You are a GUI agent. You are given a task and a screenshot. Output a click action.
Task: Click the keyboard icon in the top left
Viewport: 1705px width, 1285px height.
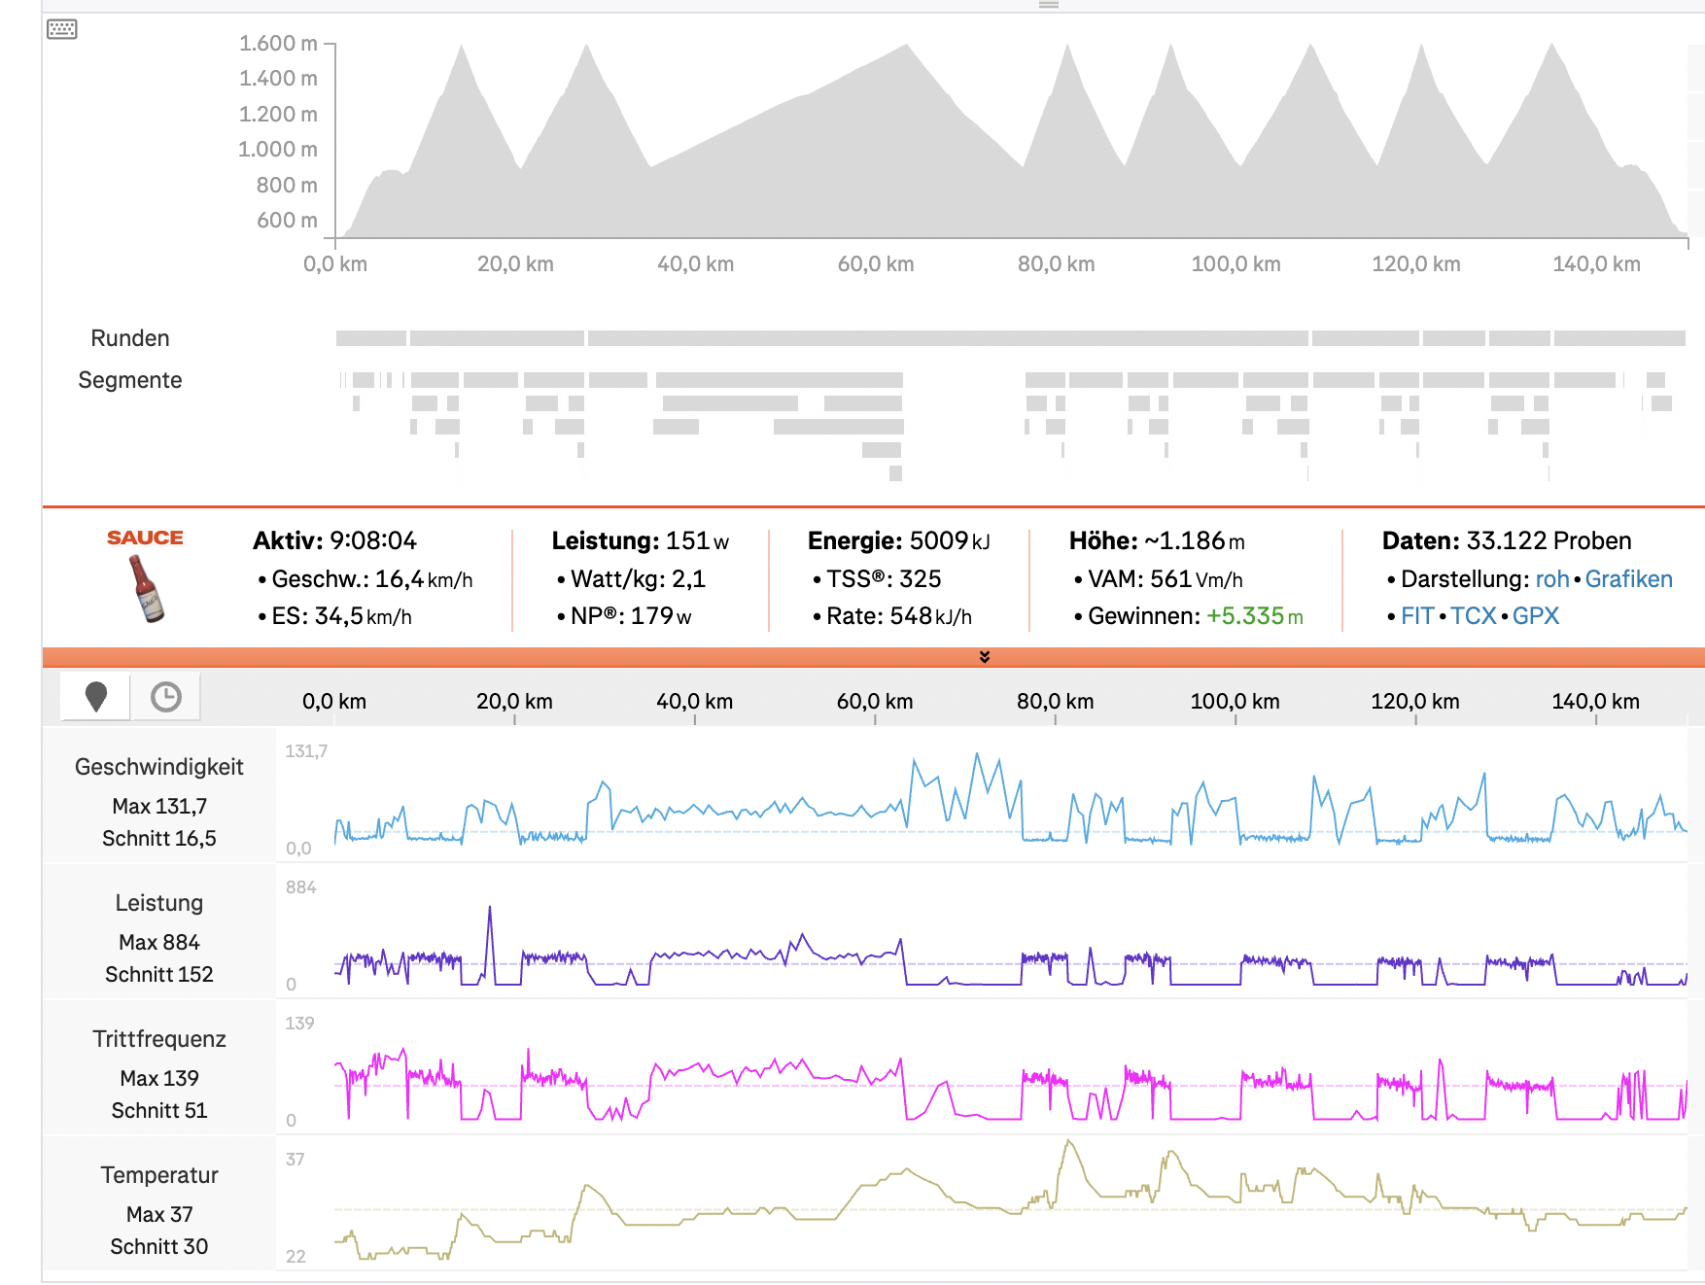(62, 29)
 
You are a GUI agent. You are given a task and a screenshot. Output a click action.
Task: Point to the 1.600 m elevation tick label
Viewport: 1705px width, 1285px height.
(278, 44)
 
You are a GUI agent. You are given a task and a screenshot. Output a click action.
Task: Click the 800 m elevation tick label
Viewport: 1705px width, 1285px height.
(287, 185)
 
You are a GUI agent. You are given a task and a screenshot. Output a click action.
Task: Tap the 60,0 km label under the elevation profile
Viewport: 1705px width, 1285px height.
(876, 264)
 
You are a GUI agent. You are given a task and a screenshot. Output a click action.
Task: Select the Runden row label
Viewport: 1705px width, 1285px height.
(130, 338)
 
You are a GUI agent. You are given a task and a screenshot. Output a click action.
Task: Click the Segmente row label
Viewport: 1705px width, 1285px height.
(130, 380)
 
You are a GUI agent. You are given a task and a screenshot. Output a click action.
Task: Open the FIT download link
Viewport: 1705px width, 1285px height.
(1417, 616)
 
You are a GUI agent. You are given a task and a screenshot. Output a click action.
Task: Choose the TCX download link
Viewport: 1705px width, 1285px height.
(1474, 616)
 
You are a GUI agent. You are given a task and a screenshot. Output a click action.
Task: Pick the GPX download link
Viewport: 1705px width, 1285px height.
(1536, 616)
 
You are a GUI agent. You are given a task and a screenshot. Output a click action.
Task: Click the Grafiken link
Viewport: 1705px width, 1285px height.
(1629, 579)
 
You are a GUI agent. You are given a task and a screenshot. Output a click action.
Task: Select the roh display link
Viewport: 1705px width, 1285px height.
(1552, 579)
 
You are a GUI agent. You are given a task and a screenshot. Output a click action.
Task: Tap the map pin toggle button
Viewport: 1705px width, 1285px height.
(96, 697)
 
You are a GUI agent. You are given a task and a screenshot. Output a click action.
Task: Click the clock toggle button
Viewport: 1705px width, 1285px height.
(166, 697)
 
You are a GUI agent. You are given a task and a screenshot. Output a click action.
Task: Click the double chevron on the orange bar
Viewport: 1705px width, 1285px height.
(985, 657)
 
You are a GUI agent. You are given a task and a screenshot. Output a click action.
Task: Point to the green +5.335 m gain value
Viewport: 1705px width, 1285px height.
(1255, 616)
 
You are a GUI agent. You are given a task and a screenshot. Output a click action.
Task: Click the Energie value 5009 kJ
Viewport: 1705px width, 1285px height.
(950, 540)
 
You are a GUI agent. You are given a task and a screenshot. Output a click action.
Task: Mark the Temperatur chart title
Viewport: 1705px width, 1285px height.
(159, 1175)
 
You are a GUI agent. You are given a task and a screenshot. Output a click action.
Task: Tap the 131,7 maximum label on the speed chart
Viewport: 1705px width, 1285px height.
(306, 751)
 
